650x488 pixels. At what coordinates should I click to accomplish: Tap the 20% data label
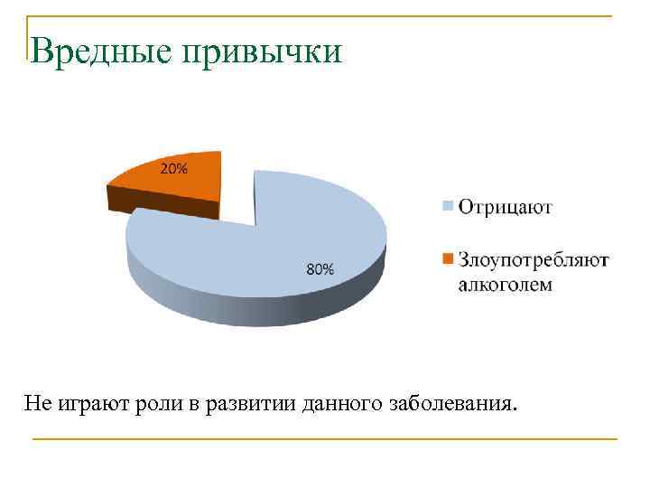[x=174, y=168]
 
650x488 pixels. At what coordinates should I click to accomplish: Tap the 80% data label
[x=320, y=268]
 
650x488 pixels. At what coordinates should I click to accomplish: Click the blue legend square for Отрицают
[x=447, y=207]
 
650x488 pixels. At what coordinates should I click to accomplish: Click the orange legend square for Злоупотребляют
[x=447, y=260]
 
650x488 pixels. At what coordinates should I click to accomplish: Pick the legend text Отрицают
[x=505, y=207]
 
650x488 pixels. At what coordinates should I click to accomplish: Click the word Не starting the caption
[x=37, y=400]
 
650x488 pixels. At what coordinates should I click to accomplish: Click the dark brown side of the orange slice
[x=162, y=206]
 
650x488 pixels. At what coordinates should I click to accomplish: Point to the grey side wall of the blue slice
[x=253, y=307]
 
